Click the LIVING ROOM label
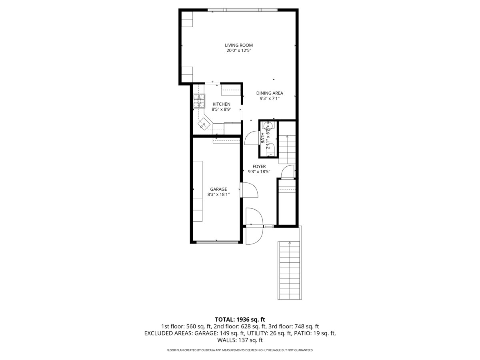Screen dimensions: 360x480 (x=238, y=45)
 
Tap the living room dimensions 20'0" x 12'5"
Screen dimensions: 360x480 (x=238, y=51)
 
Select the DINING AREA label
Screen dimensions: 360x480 (x=270, y=93)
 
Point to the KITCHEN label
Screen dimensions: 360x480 (x=221, y=104)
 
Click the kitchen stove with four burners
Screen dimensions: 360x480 (x=199, y=102)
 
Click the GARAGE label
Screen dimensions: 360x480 (x=218, y=189)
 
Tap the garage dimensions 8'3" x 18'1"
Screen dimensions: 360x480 (x=218, y=195)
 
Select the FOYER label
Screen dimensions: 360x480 (x=259, y=166)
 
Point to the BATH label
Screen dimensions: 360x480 (x=263, y=138)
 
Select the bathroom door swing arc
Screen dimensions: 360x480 (x=251, y=138)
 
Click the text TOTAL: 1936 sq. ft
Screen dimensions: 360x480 (x=240, y=319)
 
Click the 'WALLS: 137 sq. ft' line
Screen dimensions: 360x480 (x=240, y=340)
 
